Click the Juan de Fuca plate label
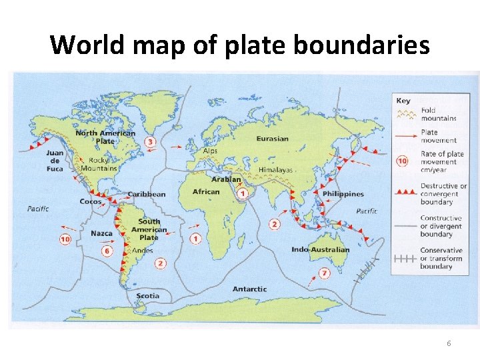[x=55, y=161]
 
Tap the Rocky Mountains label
[x=99, y=164]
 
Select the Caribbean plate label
[x=147, y=194]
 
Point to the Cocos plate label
[x=90, y=201]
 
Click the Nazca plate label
[x=101, y=233]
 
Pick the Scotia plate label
[x=147, y=295]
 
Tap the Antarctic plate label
[x=249, y=289]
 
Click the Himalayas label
[x=275, y=170]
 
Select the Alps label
[x=210, y=151]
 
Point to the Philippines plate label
[x=343, y=194]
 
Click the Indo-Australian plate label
[x=320, y=249]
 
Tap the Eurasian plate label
[x=272, y=139]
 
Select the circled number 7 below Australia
[x=324, y=273]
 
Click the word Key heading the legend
[x=403, y=101]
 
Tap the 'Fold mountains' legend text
[x=438, y=114]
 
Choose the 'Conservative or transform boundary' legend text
[x=441, y=259]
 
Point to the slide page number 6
[x=449, y=343]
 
